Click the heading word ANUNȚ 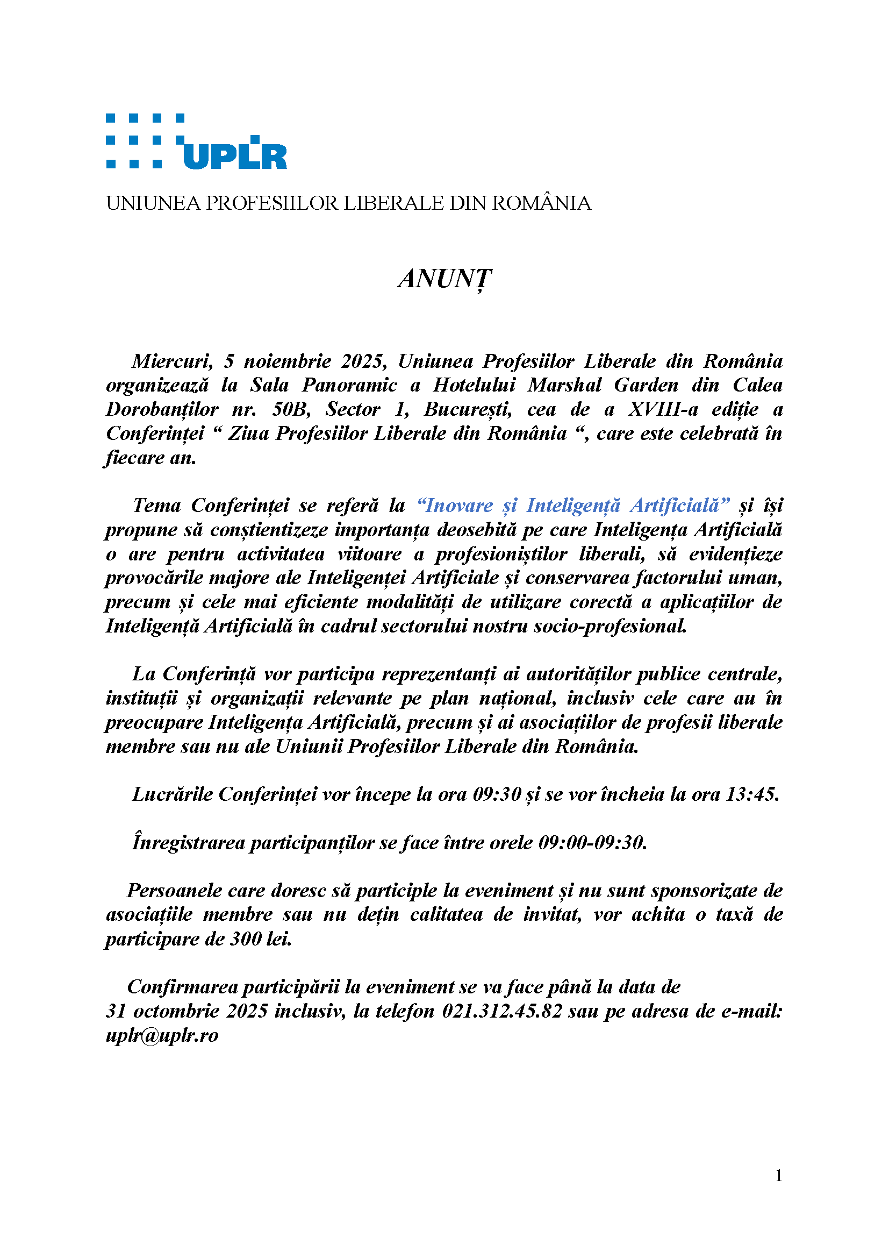point(444,279)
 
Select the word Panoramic point(349,386)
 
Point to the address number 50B point(291,410)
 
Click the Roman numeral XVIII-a point(663,410)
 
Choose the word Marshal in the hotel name point(564,386)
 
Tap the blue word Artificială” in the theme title point(679,506)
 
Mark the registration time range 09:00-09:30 point(592,843)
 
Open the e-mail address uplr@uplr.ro point(162,1035)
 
